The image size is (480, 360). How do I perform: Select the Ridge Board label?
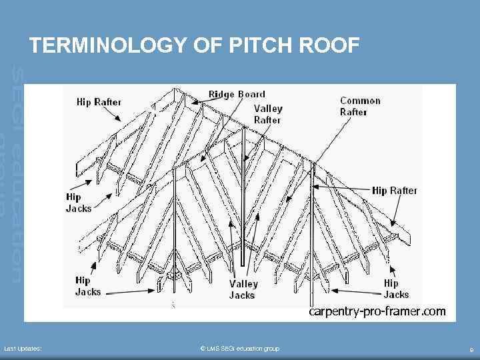(x=237, y=94)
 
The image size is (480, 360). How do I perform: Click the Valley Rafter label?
(x=267, y=114)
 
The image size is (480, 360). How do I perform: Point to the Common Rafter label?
(x=360, y=106)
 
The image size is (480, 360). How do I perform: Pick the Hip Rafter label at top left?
(x=99, y=102)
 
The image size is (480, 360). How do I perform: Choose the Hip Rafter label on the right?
(x=394, y=191)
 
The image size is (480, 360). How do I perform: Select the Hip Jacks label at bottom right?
(x=396, y=289)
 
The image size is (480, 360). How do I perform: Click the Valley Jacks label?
(x=243, y=289)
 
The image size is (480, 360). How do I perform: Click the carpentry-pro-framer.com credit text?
(x=377, y=311)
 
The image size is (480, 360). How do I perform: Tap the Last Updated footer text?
(x=23, y=349)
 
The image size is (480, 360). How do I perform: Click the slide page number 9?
(x=471, y=349)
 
